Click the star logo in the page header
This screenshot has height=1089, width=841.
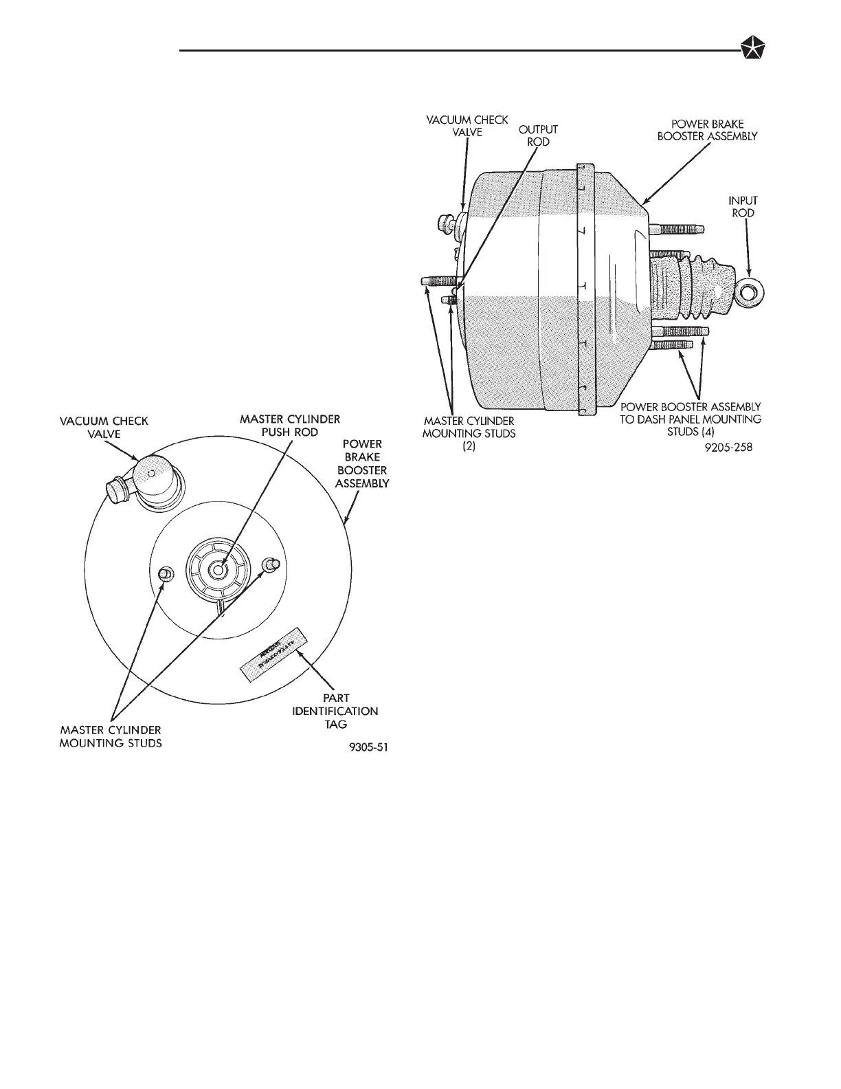click(x=753, y=49)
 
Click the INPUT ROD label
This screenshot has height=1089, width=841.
click(x=743, y=207)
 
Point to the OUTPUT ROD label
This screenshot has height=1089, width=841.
click(x=538, y=135)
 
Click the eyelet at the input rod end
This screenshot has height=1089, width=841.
click(x=750, y=291)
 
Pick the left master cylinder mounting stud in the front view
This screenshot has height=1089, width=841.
click(x=165, y=573)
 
